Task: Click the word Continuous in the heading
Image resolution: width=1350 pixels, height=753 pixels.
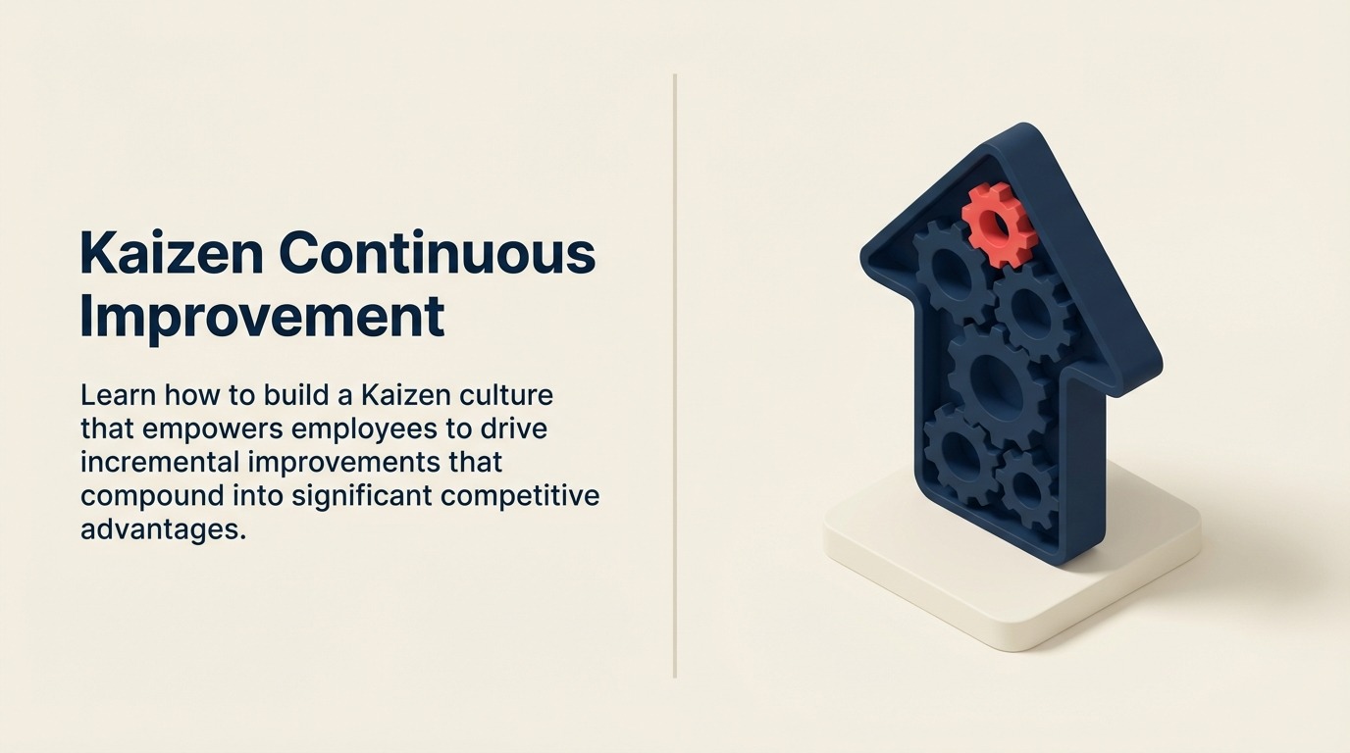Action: point(437,253)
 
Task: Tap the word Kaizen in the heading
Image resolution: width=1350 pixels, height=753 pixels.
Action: point(172,253)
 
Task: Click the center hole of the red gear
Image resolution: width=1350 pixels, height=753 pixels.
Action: point(998,225)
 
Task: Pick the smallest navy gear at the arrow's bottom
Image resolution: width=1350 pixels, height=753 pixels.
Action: point(1026,488)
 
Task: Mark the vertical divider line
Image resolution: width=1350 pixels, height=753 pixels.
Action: point(675,376)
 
